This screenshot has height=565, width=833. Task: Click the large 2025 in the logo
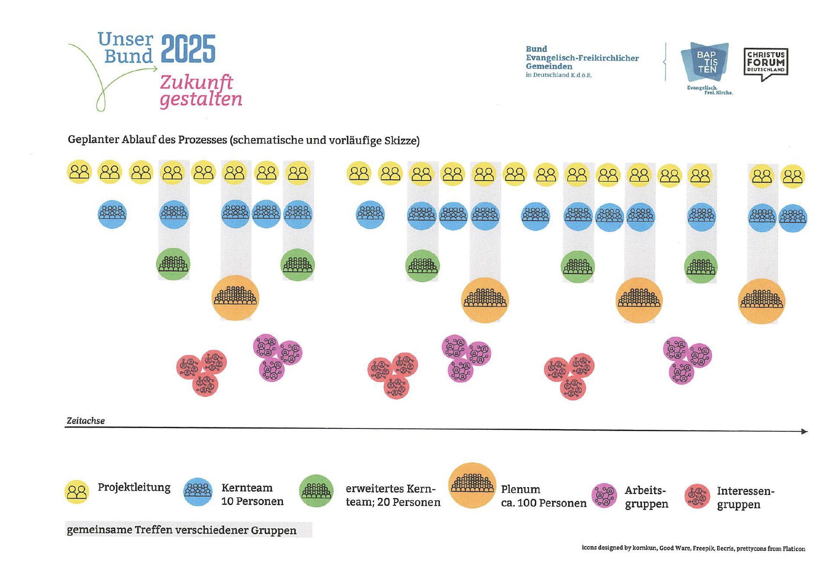coord(188,49)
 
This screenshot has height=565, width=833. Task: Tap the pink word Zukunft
coord(196,82)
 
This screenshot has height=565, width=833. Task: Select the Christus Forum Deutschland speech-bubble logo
coord(766,63)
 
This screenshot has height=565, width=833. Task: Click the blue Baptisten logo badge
coord(705,62)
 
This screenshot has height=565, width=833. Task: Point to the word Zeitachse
coord(86,421)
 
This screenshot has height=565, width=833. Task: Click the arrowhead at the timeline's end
coord(804,431)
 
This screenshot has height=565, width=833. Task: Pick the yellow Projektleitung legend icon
coord(77,492)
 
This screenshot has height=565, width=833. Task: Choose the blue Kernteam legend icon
coord(198,492)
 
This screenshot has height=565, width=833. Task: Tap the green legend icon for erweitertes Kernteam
coord(316,491)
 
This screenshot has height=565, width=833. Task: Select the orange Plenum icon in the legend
coord(472,485)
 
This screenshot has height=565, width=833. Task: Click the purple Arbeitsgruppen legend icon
coord(604,495)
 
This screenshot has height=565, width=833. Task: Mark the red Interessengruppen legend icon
coord(697,496)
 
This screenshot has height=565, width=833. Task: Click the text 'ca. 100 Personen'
coord(544,503)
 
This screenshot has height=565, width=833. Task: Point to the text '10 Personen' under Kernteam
coord(252,502)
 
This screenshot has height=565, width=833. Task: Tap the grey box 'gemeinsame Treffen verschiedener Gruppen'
coord(188,530)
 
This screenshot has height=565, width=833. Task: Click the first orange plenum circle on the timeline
coord(235,298)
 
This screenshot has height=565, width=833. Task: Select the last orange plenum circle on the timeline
coord(761,301)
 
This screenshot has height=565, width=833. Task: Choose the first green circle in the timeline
coord(173,264)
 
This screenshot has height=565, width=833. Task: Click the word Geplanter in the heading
coord(93,140)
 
